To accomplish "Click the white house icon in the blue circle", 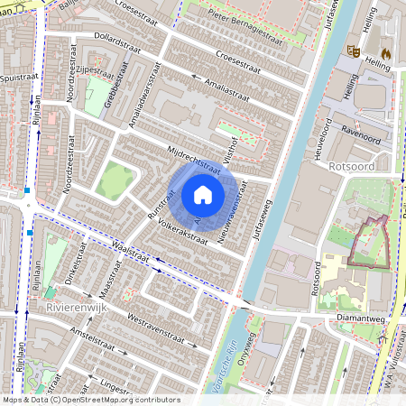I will pyautogui.click(x=203, y=195).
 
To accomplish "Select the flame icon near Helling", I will pyautogui.click(x=385, y=52).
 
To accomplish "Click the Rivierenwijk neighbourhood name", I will pyautogui.click(x=75, y=309).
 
